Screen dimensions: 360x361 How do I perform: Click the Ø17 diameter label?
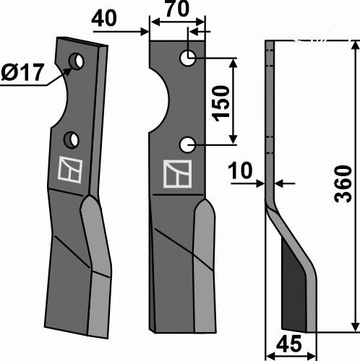(x=22, y=72)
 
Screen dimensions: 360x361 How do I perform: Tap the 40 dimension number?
(x=104, y=19)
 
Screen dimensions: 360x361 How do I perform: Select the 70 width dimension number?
(x=177, y=9)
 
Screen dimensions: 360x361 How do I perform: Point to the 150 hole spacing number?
(x=220, y=103)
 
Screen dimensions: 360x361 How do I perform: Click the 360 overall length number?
(x=343, y=183)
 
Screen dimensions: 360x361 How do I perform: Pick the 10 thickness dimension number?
(x=240, y=170)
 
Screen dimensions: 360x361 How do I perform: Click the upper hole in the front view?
(x=188, y=58)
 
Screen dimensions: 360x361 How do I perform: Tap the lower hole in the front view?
(x=187, y=145)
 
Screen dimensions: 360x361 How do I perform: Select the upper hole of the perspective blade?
(x=76, y=61)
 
